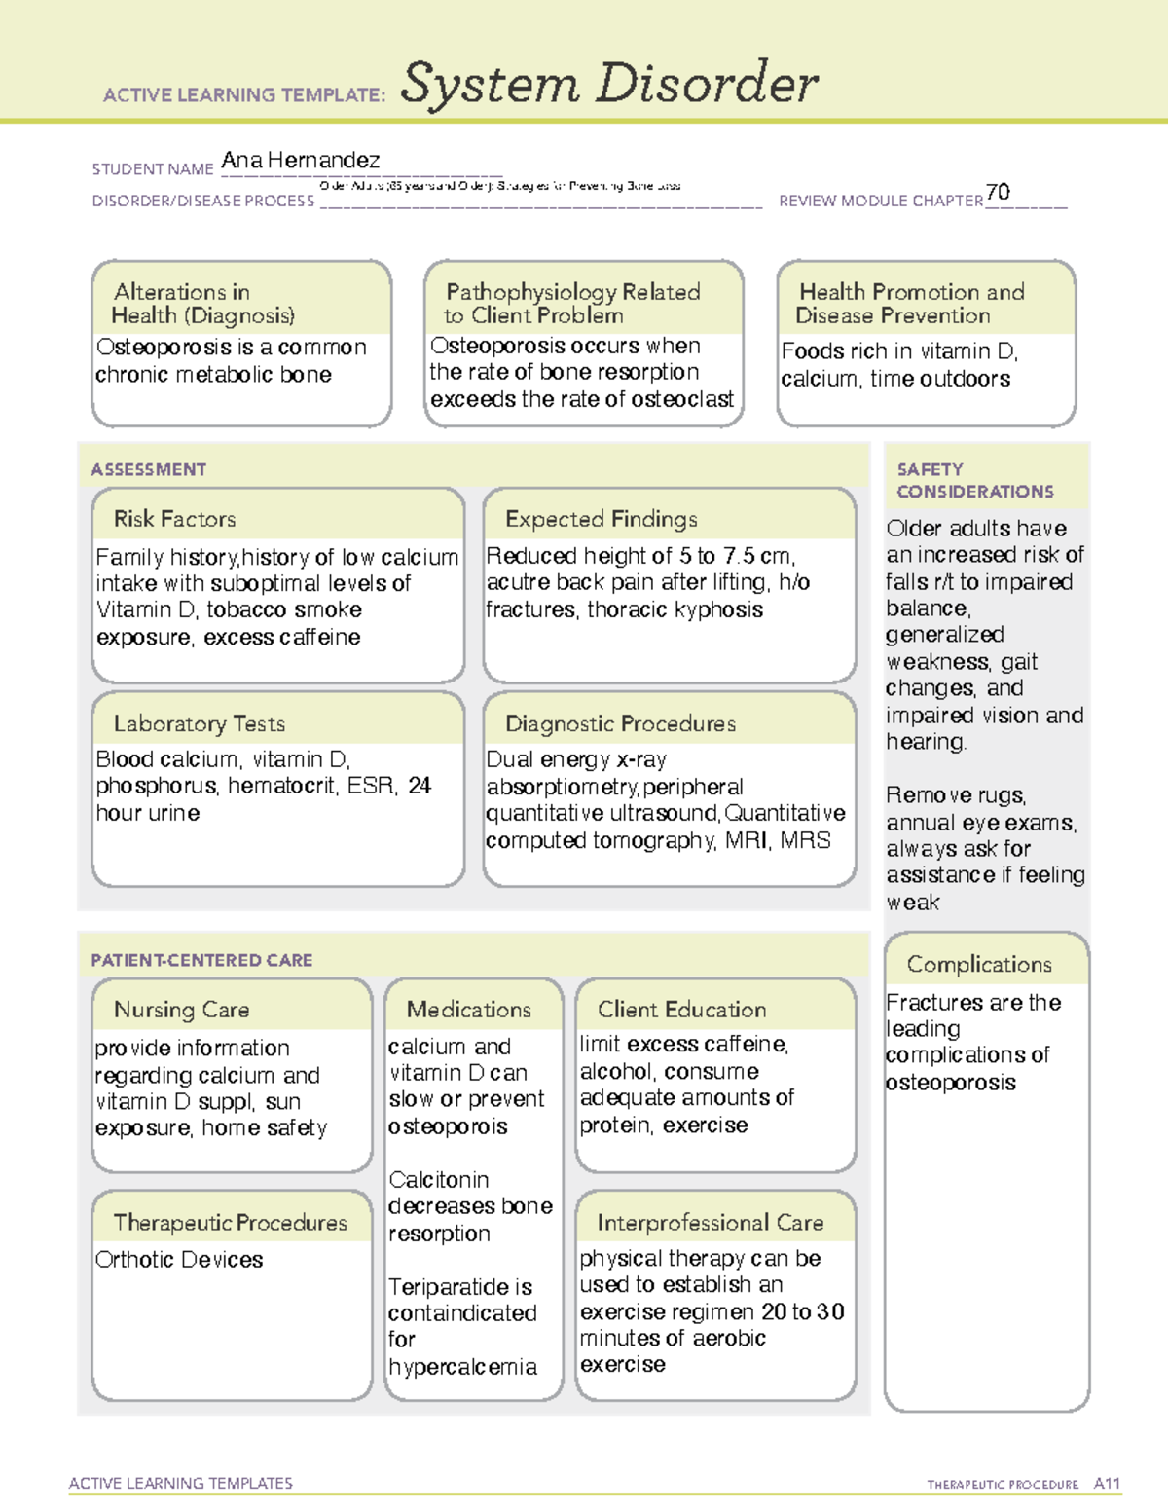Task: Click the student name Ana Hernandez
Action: (x=300, y=160)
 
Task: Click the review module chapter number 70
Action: (x=998, y=192)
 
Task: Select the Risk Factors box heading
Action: (x=174, y=519)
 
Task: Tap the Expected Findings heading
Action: (x=601, y=519)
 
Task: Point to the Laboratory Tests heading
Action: (x=199, y=723)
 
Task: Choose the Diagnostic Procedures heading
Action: (x=620, y=723)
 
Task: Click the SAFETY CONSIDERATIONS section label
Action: (x=974, y=480)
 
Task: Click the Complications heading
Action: (x=979, y=964)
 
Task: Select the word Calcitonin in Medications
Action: (x=438, y=1180)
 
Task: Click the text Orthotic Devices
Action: (x=179, y=1260)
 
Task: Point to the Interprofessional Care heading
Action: (x=710, y=1222)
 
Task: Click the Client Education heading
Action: (x=681, y=1010)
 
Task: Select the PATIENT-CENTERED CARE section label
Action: (x=201, y=960)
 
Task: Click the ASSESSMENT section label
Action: (x=148, y=469)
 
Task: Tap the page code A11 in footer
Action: (x=1107, y=1484)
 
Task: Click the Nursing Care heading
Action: (x=181, y=1010)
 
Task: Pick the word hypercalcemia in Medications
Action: (x=462, y=1367)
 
